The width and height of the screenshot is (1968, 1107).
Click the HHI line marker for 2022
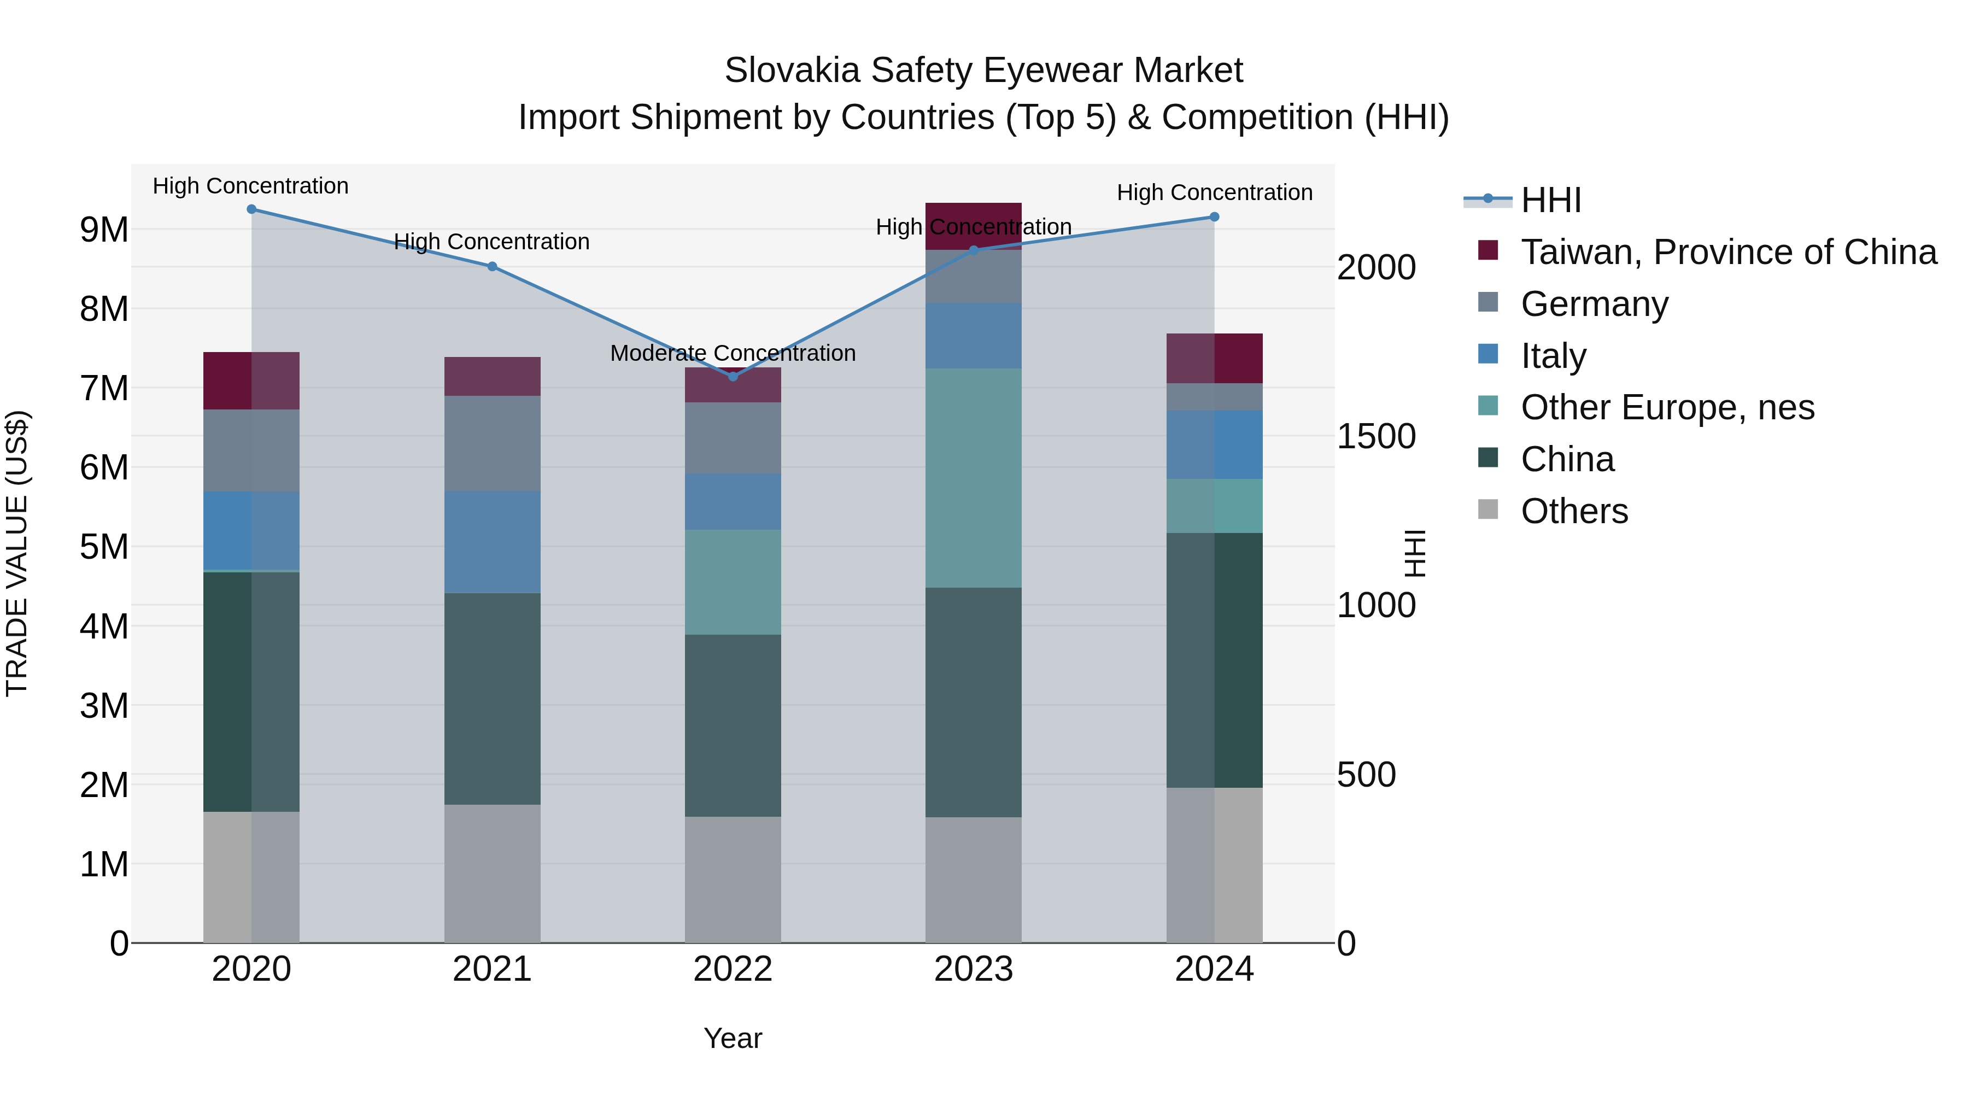click(x=733, y=376)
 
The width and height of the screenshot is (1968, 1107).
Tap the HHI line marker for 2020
click(x=251, y=209)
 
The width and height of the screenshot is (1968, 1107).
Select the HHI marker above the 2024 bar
click(x=1214, y=217)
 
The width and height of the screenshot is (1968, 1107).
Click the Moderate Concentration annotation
click(x=733, y=353)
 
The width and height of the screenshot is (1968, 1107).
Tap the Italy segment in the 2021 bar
click(x=492, y=542)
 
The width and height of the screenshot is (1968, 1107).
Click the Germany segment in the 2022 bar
click(x=733, y=438)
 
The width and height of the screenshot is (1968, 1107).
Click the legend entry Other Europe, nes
click(x=1667, y=407)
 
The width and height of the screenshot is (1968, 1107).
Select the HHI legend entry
click(x=1550, y=200)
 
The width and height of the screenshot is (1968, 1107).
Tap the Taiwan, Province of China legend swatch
click(x=1487, y=250)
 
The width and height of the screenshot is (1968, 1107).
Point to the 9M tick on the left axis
click(x=104, y=229)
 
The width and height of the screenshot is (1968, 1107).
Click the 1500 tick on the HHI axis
click(x=1376, y=436)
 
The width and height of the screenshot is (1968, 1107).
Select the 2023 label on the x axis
click(x=973, y=969)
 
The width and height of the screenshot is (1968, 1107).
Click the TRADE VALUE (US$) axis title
click(x=17, y=553)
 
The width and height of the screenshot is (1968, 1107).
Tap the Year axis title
click(x=733, y=1038)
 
